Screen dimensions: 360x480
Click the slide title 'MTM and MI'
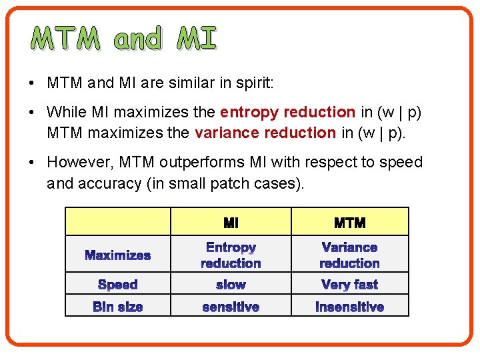pos(124,39)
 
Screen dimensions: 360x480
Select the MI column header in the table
pos(231,222)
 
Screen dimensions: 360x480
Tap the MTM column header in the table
pos(349,222)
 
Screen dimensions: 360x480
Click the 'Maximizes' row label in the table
pos(118,255)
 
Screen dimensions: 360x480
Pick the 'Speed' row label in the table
pos(118,285)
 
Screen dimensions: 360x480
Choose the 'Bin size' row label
pos(118,307)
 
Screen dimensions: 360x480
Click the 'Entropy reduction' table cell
pos(231,255)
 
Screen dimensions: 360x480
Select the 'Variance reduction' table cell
pos(349,255)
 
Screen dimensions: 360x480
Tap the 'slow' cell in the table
pos(231,285)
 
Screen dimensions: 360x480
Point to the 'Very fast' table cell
pos(349,285)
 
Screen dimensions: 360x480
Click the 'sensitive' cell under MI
pos(231,307)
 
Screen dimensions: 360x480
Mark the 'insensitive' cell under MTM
pos(349,307)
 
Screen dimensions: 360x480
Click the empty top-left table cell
pos(118,221)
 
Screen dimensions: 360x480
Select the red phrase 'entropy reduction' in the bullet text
pos(287,112)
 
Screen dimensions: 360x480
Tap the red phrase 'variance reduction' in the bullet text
pos(265,132)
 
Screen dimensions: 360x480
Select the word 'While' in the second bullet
pos(65,112)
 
